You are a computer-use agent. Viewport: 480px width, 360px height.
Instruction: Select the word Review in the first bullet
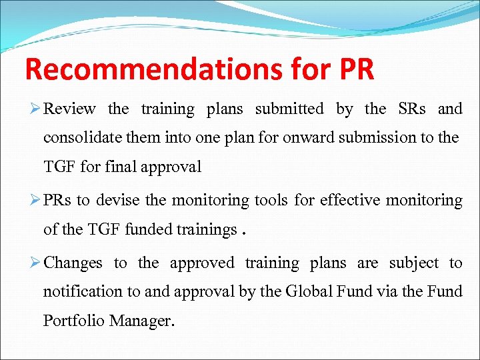click(x=70, y=109)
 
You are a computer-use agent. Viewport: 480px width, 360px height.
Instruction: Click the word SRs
click(x=412, y=109)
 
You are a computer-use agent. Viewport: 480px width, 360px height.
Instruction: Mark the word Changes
click(x=73, y=263)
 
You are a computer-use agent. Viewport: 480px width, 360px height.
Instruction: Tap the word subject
click(x=414, y=263)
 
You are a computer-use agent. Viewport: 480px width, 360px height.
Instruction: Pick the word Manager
click(x=141, y=321)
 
